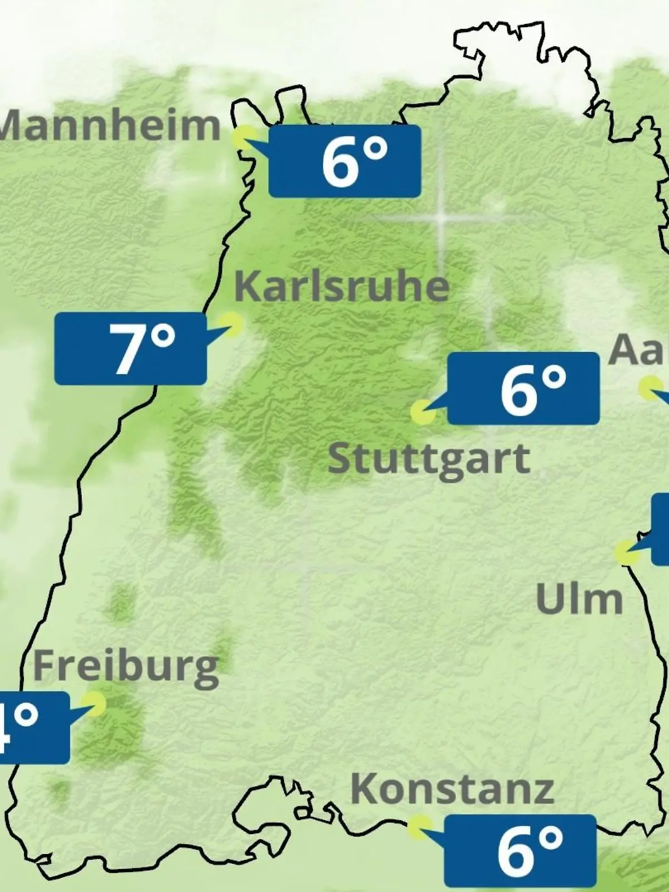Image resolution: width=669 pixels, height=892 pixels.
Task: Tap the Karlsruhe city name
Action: [x=341, y=286]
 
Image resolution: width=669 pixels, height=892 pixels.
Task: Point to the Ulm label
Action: [x=579, y=599]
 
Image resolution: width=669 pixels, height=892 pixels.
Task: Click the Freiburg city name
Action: [x=126, y=667]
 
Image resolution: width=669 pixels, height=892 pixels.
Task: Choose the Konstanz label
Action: [x=452, y=789]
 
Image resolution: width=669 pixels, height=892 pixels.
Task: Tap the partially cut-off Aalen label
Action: [x=638, y=350]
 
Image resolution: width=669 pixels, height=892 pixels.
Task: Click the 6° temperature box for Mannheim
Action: [x=345, y=161]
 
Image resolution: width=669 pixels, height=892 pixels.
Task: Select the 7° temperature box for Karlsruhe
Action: [x=130, y=348]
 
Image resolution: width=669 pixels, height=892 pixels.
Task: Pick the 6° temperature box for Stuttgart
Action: [x=523, y=389]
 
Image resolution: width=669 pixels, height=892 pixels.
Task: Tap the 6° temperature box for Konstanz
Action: [x=520, y=851]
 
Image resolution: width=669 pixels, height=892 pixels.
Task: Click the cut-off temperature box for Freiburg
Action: [x=33, y=728]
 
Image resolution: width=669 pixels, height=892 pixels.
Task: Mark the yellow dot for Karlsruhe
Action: [x=231, y=323]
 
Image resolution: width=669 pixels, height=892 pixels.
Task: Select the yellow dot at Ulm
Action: [x=626, y=552]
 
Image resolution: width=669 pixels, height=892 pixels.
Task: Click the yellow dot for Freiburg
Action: [x=94, y=704]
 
